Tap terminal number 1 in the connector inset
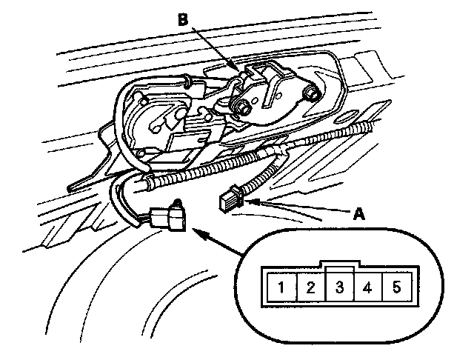[282, 287]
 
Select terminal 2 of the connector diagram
[312, 287]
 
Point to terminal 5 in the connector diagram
[396, 287]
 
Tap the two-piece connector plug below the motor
[166, 216]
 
